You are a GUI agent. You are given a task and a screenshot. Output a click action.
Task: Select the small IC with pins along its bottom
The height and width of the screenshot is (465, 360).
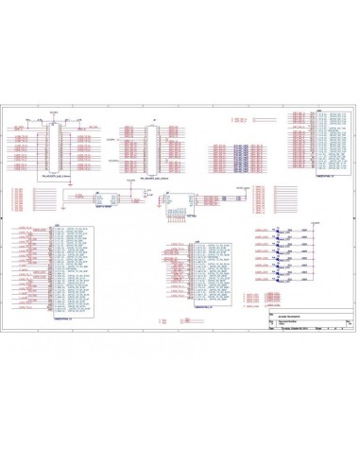tap(178, 200)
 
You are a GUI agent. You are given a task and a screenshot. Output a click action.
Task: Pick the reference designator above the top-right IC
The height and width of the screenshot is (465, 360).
tap(320, 109)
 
